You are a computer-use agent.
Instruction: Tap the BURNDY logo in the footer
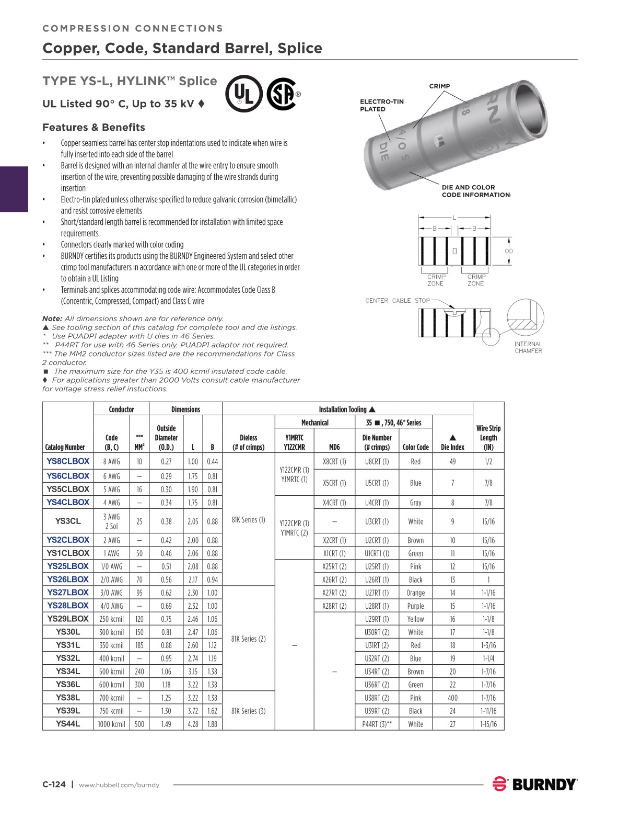coord(535,784)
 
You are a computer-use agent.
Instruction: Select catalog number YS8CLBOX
coord(68,461)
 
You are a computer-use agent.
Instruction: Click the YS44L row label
coord(68,724)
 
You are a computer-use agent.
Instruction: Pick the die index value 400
coord(452,698)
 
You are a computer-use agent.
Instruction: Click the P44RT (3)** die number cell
coord(377,724)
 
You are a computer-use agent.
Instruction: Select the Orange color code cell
coord(415,593)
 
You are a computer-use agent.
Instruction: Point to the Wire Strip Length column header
coord(488,438)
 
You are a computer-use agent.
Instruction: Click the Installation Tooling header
coord(347,409)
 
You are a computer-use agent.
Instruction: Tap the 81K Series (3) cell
coord(248,711)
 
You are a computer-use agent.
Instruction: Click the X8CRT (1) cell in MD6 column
coord(334,461)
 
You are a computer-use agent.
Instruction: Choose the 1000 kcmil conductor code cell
coord(112,724)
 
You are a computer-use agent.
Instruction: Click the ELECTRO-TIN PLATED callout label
coord(381,105)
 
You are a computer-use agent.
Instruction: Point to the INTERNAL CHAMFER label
coord(528,347)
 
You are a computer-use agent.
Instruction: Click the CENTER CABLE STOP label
coord(397,301)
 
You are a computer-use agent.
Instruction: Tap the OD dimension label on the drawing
coord(509,251)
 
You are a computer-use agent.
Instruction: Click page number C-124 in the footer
coord(54,784)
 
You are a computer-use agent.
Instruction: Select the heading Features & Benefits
coord(94,127)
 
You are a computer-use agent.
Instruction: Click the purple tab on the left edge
coord(14,189)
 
